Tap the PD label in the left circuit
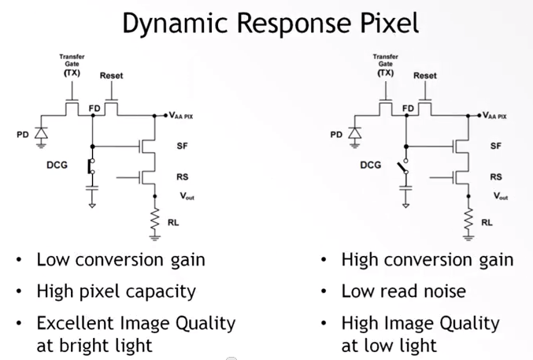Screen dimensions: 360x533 pos(23,135)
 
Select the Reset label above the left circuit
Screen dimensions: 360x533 pos(112,76)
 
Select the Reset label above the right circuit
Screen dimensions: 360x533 pos(425,76)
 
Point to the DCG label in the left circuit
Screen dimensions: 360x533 pos(57,167)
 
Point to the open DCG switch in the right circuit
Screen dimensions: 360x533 pos(405,169)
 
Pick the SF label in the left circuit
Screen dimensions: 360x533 pos(183,146)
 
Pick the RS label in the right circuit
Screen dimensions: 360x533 pos(496,177)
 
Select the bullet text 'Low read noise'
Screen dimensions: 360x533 pos(403,291)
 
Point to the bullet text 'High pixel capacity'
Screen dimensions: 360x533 pos(116,291)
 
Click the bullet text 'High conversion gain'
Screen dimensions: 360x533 pos(427,260)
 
